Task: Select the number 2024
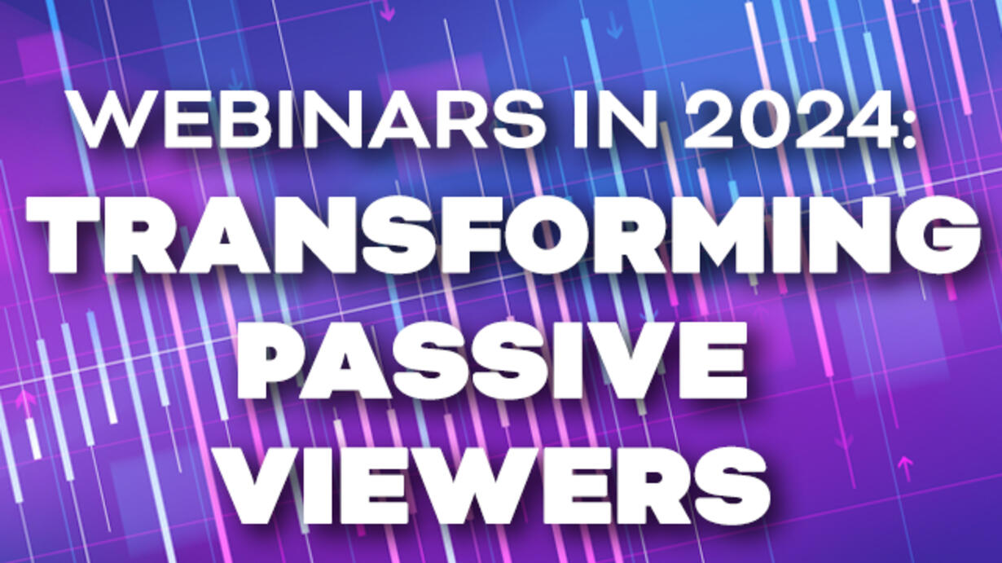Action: (790, 120)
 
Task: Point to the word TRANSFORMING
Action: (504, 235)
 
